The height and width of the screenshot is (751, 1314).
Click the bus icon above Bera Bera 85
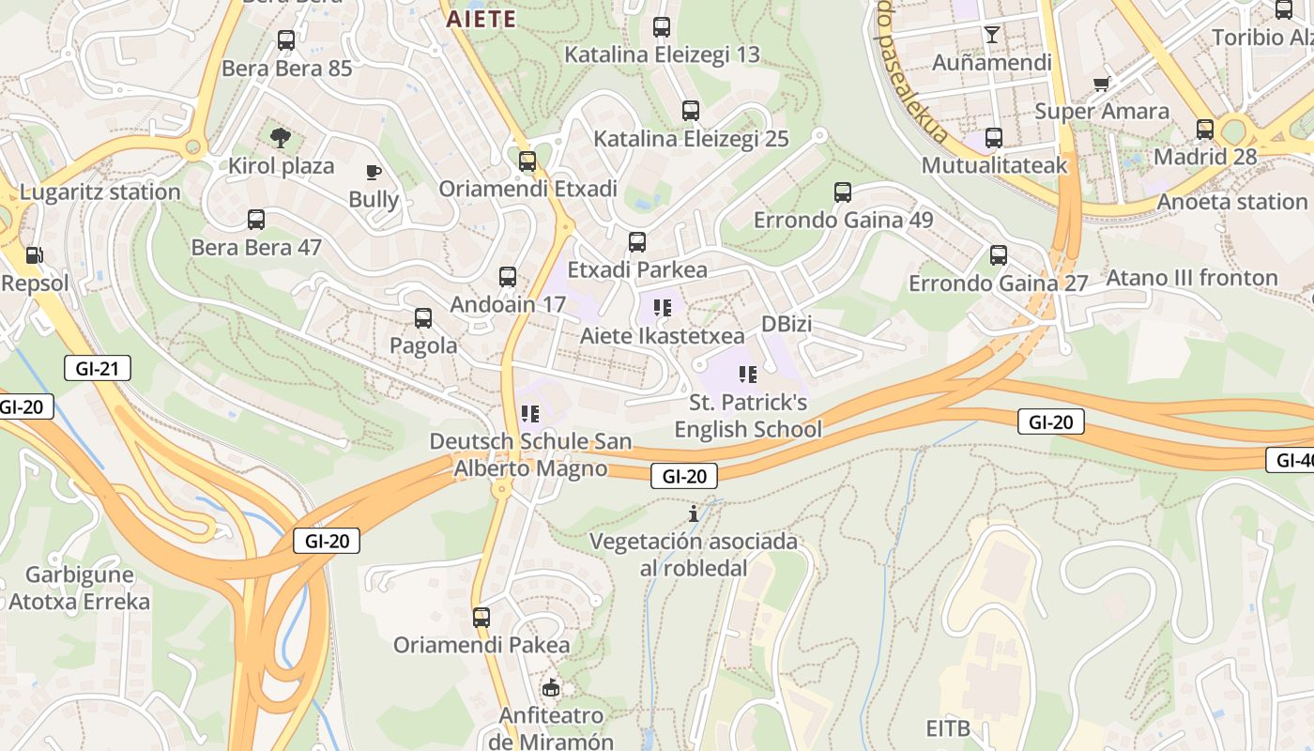pos(286,40)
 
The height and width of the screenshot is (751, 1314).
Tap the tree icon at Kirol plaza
pos(280,138)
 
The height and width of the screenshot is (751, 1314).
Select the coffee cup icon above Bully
pos(374,172)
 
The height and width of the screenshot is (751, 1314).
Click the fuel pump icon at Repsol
pos(34,254)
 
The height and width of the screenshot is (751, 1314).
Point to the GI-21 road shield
pos(98,368)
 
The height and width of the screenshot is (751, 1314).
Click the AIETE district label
pos(481,19)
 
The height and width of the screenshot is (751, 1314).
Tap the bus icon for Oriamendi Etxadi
pos(527,161)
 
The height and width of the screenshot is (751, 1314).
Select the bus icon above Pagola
pos(423,318)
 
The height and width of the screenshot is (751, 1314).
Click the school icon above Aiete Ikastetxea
pos(663,308)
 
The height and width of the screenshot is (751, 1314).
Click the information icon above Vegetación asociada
pos(694,513)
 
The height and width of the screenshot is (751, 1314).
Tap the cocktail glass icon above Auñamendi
pos(992,36)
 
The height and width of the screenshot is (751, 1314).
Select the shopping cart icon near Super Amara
pos(1102,84)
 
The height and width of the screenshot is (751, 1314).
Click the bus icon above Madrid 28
pos(1205,129)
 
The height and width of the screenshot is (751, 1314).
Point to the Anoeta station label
pos(1231,202)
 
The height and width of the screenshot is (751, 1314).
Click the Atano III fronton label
pos(1192,278)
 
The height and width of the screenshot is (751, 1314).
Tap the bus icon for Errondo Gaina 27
pos(999,255)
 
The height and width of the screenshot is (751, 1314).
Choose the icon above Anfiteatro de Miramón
pos(551,688)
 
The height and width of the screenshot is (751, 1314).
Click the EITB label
pos(948,728)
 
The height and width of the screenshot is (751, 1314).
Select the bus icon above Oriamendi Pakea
pos(481,618)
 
